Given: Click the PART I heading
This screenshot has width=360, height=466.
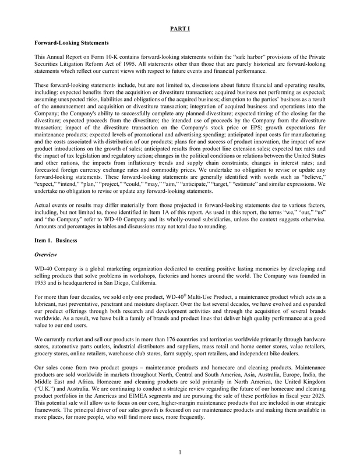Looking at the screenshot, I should (180, 28).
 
